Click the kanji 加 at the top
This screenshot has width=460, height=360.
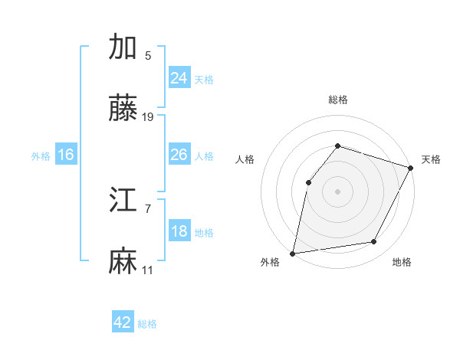click(x=123, y=47)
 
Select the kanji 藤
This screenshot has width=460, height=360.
click(x=123, y=110)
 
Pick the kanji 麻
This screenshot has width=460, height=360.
click(x=123, y=262)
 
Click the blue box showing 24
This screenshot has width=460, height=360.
click(x=179, y=78)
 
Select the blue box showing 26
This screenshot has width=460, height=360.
click(x=179, y=155)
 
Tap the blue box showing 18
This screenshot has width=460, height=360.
click(x=179, y=231)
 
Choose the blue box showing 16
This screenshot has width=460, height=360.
click(x=66, y=155)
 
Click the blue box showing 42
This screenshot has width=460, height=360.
click(x=123, y=322)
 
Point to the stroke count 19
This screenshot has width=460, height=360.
click(x=148, y=117)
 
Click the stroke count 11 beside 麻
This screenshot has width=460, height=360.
click(x=148, y=270)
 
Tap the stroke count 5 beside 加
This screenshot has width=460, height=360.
click(x=148, y=55)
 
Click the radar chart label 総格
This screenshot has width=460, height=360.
click(x=338, y=100)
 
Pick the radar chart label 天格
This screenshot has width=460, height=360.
click(x=431, y=159)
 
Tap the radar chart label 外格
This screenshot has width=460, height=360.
click(x=270, y=263)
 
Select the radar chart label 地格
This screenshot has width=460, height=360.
click(x=402, y=263)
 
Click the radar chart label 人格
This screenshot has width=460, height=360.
click(x=245, y=159)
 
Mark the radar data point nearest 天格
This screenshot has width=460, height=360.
click(x=410, y=168)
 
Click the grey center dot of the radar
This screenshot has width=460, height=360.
click(x=337, y=191)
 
